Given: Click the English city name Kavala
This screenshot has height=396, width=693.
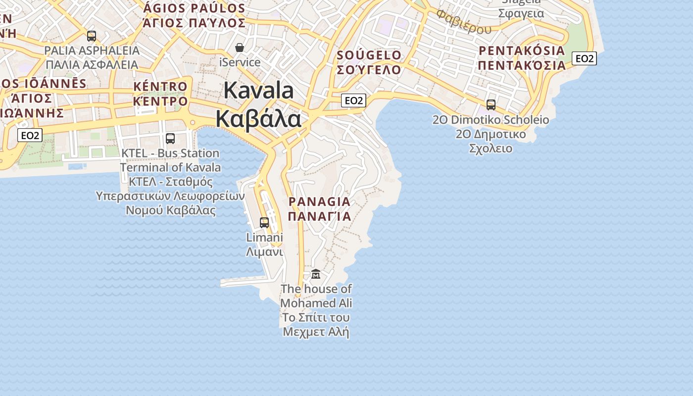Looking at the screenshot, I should coord(258,91).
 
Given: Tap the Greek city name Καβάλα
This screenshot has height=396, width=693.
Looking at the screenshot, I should coord(258,119).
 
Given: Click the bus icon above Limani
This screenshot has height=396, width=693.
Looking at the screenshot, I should coord(264,223).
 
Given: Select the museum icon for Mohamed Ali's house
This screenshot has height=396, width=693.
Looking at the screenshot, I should coord(316,274).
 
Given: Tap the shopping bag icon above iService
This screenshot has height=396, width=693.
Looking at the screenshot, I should coord(240,48).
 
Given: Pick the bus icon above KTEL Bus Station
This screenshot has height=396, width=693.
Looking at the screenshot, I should coord(170,139).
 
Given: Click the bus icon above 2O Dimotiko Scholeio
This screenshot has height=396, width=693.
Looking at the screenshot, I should coord(491,105).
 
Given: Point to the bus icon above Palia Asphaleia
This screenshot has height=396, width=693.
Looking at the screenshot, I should coord(92,36).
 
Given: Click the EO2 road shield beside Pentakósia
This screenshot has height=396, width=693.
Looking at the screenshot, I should coord(584,58).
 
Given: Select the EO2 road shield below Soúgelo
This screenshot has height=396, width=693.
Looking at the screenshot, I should coord(353,100).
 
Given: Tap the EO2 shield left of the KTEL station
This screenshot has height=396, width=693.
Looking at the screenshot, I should coord(30,135).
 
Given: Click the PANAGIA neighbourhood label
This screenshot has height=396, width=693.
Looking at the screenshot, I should coord(319,201).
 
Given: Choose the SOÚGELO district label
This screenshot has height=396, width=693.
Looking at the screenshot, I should coord(369,55).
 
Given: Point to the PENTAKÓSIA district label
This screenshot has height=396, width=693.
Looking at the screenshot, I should coord(522,50).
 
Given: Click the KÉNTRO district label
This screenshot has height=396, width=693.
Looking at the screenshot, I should coord(160,87).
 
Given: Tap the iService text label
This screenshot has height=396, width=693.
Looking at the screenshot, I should coord(240,62).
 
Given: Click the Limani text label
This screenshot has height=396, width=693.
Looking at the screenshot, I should coord(264,238).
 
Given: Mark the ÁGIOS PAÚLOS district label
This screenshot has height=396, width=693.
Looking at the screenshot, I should coord(194,8).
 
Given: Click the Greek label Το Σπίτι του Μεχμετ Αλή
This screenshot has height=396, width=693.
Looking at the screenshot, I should coord(316,324).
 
